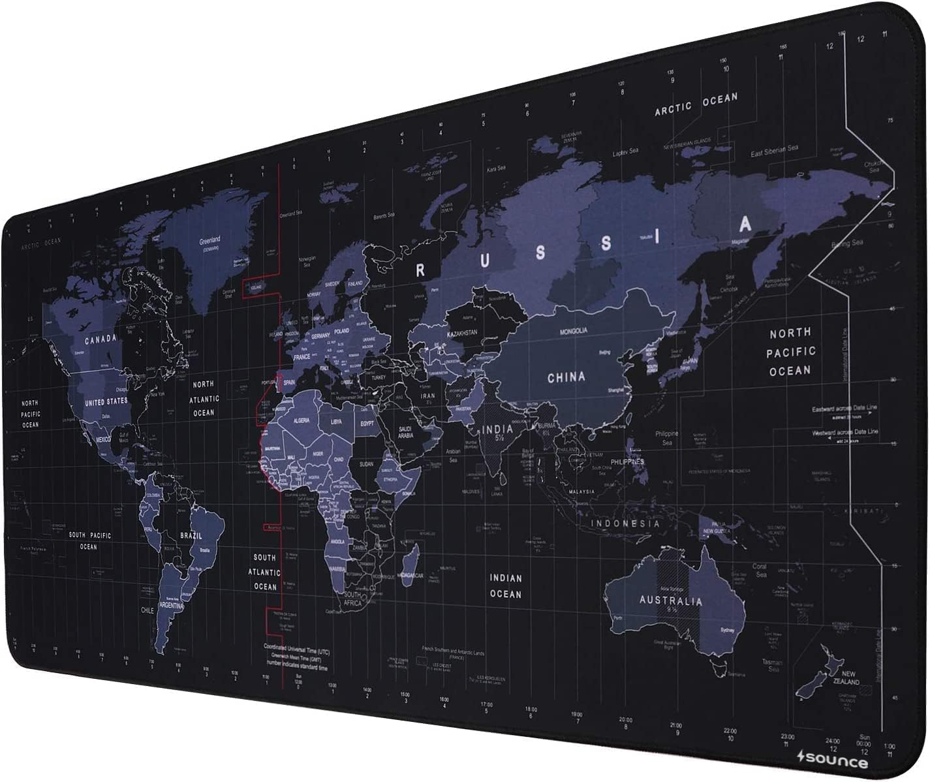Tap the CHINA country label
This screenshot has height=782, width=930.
[566, 377]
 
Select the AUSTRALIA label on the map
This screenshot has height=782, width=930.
[670, 601]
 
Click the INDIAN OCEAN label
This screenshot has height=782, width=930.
[506, 586]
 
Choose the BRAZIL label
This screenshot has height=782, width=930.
[191, 535]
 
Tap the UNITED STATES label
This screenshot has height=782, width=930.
[106, 402]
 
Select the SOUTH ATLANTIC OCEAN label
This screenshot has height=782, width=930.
[265, 572]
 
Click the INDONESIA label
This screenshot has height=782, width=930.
[625, 524]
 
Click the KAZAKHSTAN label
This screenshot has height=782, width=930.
[463, 333]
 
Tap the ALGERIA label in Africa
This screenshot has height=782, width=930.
[302, 420]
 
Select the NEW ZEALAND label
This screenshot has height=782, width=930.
[848, 678]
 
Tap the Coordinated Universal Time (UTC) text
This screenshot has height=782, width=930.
[297, 651]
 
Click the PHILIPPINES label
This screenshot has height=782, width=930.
[627, 461]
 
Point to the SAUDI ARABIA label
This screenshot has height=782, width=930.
[405, 432]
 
